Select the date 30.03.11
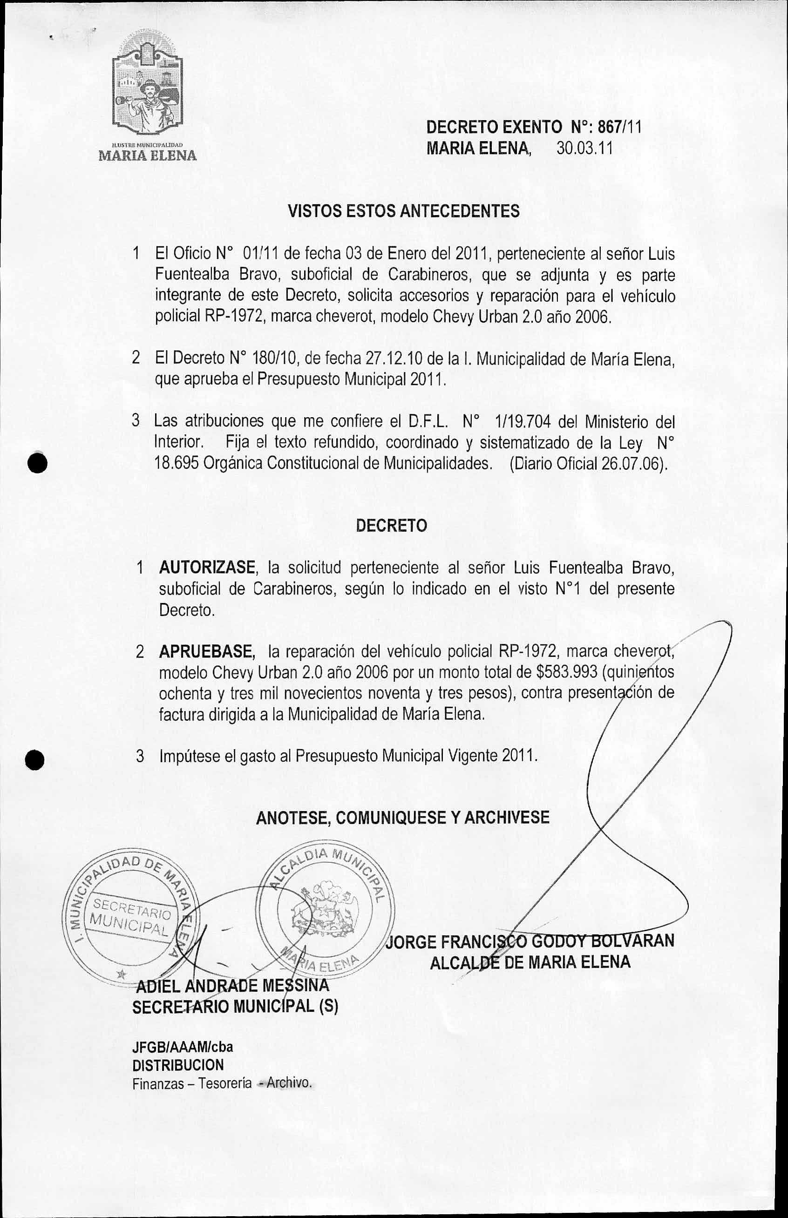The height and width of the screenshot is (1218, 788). pos(584,149)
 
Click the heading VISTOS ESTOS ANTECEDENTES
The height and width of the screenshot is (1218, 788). pos(404,211)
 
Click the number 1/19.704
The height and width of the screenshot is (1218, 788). pos(523,422)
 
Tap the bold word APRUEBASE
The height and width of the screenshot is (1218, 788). pos(207,652)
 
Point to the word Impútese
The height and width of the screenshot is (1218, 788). pos(190,756)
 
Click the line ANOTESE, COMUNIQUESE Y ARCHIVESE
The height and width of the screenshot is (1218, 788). pos(403,818)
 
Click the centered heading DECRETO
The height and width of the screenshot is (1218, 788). pos(392,526)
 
